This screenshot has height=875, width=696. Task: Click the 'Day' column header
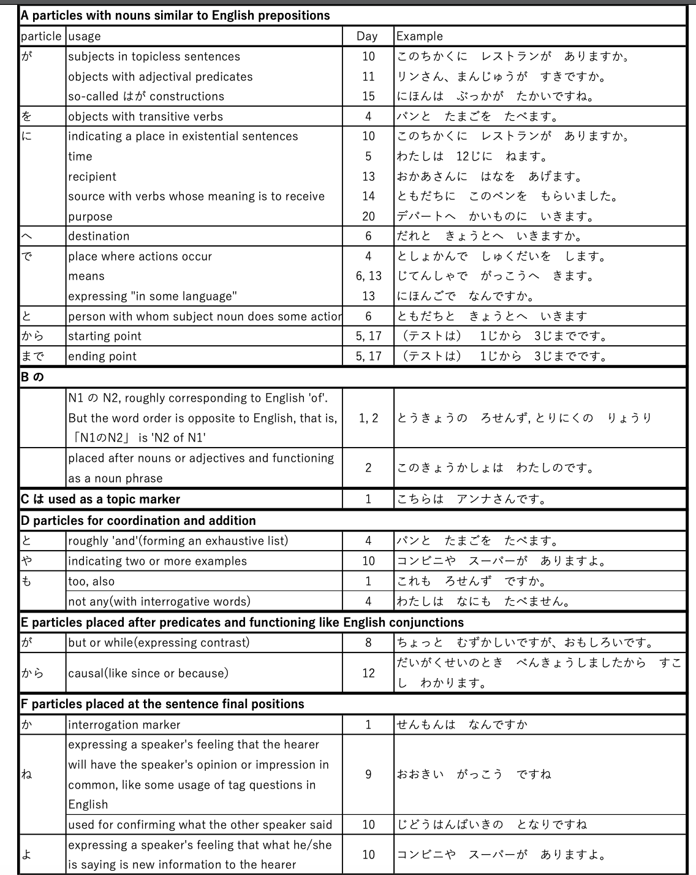[x=367, y=36]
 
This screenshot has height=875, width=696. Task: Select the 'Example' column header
[x=420, y=36]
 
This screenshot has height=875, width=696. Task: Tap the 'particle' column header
[x=41, y=36]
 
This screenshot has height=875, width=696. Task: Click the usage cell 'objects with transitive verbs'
[x=146, y=117]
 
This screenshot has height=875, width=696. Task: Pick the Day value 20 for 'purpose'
[x=368, y=216]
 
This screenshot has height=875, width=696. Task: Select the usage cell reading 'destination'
[x=99, y=236]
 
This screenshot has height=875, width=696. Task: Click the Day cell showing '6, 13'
[x=368, y=276]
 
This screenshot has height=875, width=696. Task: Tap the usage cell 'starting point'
[x=105, y=336]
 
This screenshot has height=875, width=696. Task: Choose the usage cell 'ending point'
[x=102, y=356]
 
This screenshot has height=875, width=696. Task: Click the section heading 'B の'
[x=32, y=377]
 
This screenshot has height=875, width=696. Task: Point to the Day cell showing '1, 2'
[x=368, y=418]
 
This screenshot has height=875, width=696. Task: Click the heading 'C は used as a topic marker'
[x=100, y=499]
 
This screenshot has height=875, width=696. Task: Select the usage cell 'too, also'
[x=91, y=581]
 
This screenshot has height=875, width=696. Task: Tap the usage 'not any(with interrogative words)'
[x=159, y=602]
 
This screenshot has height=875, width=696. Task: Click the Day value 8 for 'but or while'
[x=368, y=643]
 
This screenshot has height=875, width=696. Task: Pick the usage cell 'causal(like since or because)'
[x=148, y=673]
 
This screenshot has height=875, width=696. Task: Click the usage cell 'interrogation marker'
[x=124, y=725]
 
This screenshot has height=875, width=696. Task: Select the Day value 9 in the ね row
[x=368, y=774]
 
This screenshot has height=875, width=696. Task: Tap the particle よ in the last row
[x=26, y=855]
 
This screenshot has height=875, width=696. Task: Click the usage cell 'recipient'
[x=92, y=177]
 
